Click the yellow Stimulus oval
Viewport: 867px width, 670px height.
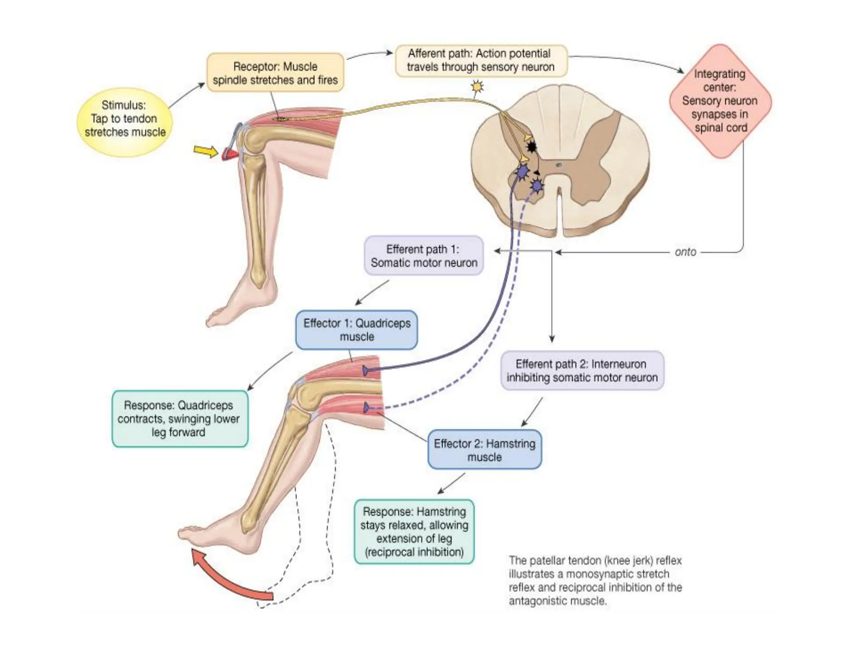tap(124, 122)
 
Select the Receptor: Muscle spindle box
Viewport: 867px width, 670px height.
tap(275, 73)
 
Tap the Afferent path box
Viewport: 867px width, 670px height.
tap(480, 61)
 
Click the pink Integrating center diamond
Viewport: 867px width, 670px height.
tap(720, 101)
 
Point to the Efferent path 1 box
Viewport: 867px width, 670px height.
tap(423, 256)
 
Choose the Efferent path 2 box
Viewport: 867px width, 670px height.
tap(582, 371)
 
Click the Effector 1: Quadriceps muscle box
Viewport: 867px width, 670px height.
tap(356, 330)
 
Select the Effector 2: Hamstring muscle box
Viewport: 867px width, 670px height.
tap(484, 450)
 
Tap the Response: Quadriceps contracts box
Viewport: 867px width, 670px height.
tap(179, 418)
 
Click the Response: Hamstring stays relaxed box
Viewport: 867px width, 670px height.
tap(414, 532)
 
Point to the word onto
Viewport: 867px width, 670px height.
tap(685, 252)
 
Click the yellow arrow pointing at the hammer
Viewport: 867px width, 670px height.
tap(205, 151)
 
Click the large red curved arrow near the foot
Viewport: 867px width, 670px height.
tap(229, 578)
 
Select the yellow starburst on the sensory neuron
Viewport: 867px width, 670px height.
tap(477, 87)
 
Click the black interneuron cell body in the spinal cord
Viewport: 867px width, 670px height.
tap(531, 147)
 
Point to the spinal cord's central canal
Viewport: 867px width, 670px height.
tap(559, 165)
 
